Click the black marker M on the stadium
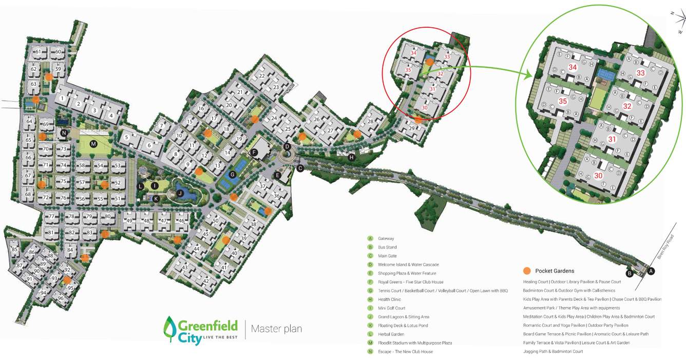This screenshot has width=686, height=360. point(93,144)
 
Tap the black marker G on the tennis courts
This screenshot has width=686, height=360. point(233,175)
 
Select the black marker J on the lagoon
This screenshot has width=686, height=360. point(180,193)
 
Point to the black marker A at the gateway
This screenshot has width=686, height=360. point(651,271)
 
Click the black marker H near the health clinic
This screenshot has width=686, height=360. point(352,157)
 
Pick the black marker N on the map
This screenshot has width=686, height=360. point(64,133)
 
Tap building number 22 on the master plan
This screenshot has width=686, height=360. point(262,76)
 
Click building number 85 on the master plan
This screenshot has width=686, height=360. point(14,250)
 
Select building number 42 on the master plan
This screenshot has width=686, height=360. point(206,281)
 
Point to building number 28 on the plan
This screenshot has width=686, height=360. point(370,121)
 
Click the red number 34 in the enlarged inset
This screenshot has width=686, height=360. point(573,67)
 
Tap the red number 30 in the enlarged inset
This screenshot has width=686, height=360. point(598,175)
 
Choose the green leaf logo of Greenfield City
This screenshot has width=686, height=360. point(170,329)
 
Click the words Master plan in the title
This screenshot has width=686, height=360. point(277,329)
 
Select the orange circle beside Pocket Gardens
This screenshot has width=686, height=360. point(526,271)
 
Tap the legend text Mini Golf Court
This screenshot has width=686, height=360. point(392,308)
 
